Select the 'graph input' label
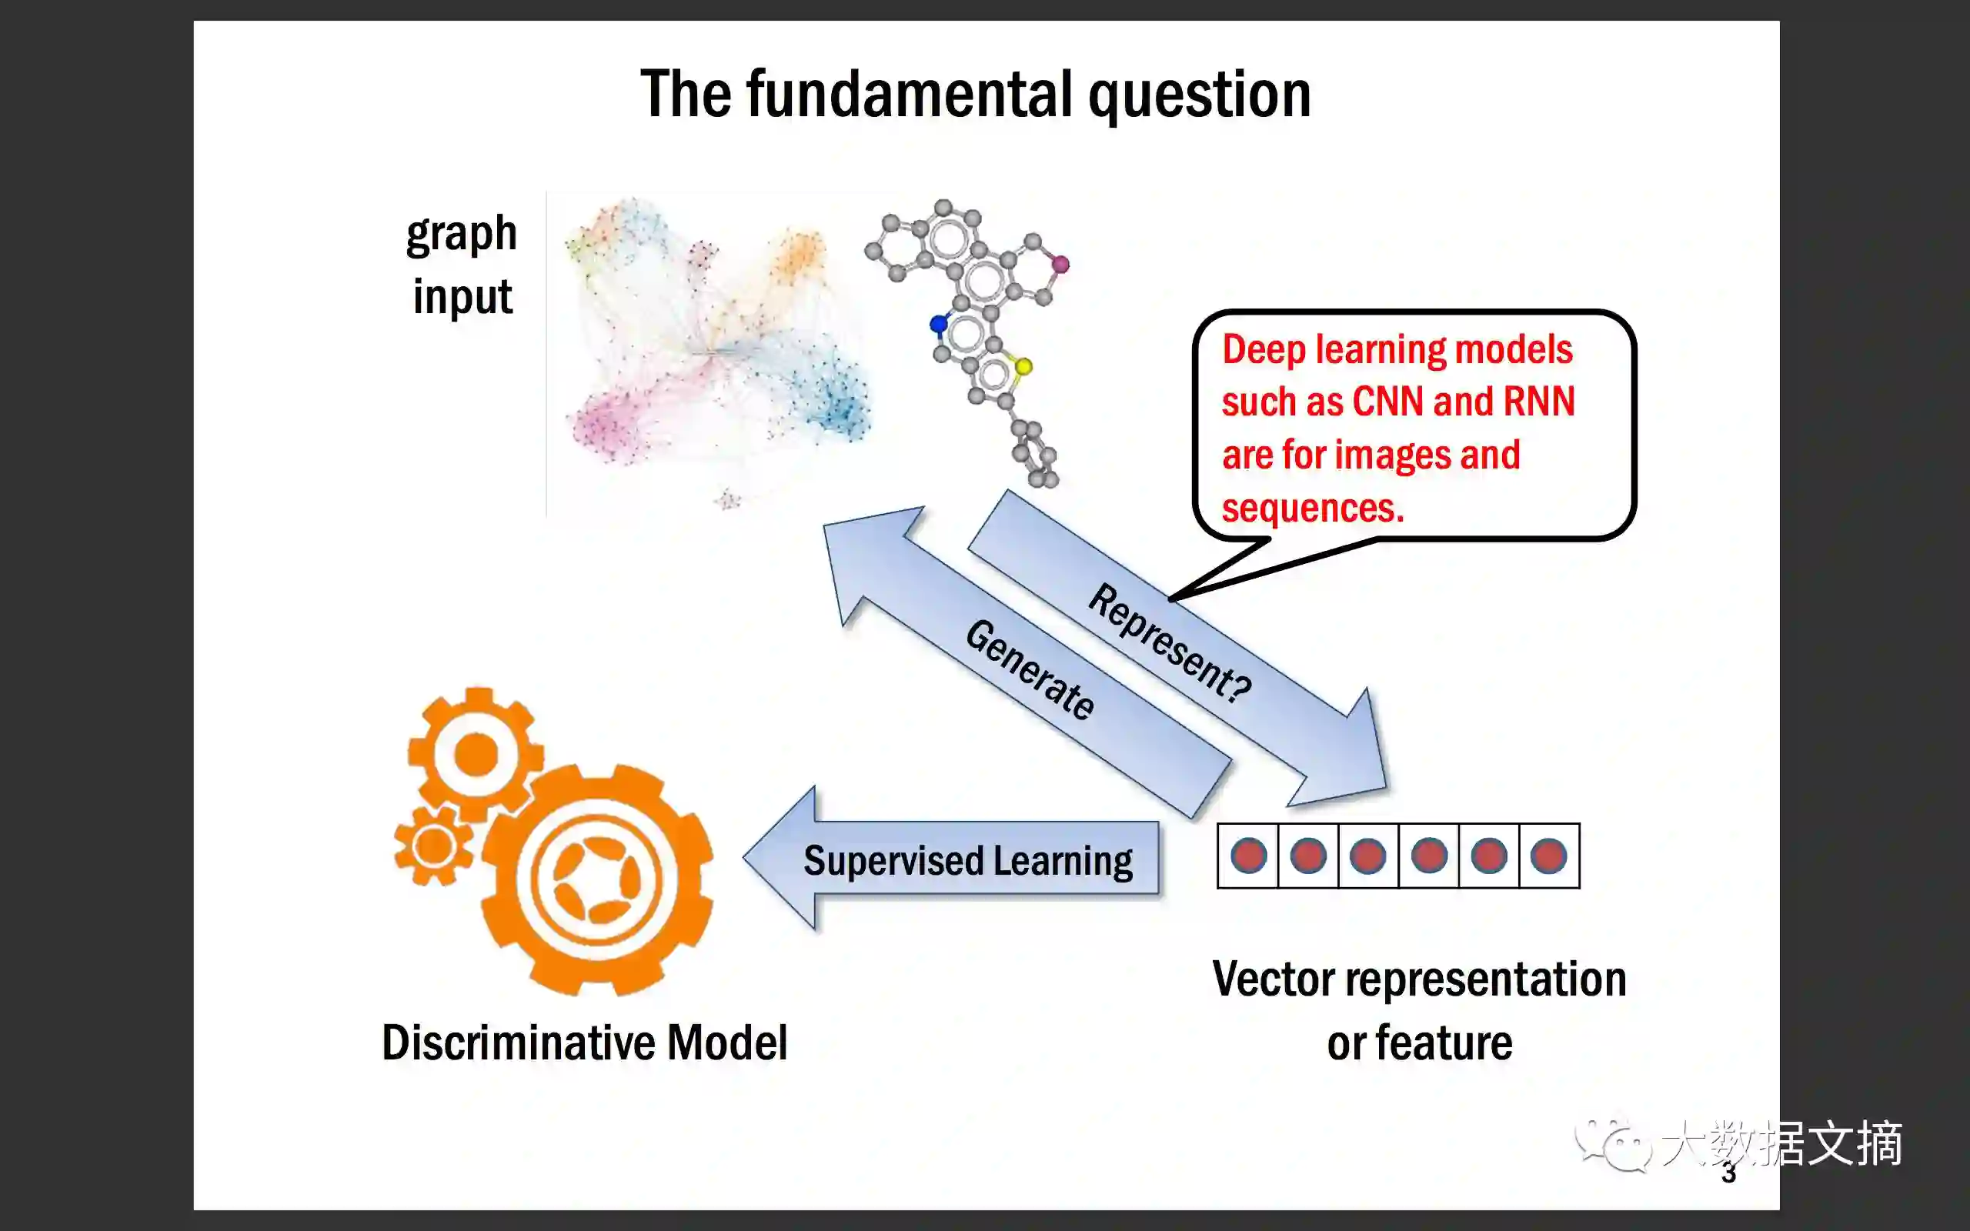(x=462, y=265)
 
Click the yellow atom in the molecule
(x=1023, y=366)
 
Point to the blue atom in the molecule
(x=939, y=324)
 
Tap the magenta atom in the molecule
(x=1060, y=264)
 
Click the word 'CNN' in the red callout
(x=1387, y=402)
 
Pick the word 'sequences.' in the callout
(x=1313, y=508)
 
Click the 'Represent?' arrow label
(x=1170, y=643)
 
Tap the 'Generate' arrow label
(x=1030, y=669)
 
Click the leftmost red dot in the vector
(x=1248, y=856)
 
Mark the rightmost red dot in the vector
(x=1548, y=856)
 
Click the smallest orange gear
(x=434, y=847)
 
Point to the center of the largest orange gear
(x=597, y=880)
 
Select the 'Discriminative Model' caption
(x=585, y=1043)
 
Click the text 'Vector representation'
(x=1419, y=979)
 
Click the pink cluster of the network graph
(x=610, y=423)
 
